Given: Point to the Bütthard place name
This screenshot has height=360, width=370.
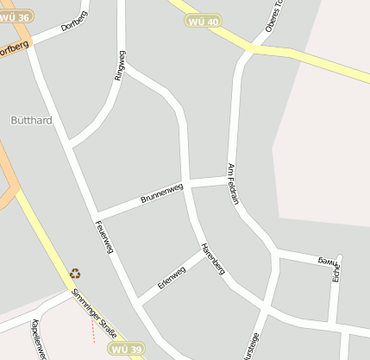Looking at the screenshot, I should (x=31, y=120).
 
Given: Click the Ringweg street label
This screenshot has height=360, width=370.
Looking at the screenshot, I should (x=120, y=66).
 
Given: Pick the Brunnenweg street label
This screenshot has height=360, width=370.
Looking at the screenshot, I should (x=162, y=193).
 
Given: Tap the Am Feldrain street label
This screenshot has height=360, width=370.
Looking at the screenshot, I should (x=232, y=183).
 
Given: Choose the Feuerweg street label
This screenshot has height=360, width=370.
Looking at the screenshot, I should (x=104, y=235).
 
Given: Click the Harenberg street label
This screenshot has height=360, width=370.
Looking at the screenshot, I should (x=212, y=259).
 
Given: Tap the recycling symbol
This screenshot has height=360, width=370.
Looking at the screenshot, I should (x=76, y=274).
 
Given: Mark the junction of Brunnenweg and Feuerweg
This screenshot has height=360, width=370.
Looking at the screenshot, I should (x=97, y=214).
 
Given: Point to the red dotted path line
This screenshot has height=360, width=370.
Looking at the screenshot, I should (x=91, y=326).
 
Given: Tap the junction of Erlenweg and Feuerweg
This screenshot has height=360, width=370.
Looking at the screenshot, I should (x=138, y=302).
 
